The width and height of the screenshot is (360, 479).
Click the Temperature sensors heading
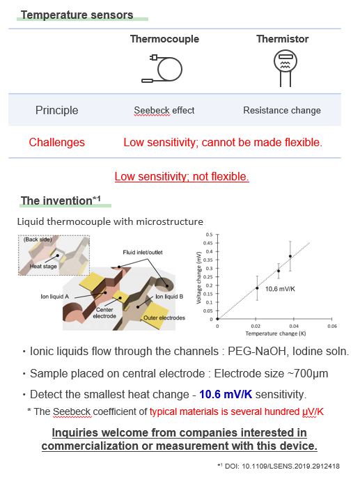click(76, 15)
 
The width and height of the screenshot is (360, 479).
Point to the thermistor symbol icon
click(281, 68)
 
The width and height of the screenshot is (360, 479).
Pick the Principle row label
click(57, 110)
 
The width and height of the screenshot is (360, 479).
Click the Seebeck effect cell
click(164, 110)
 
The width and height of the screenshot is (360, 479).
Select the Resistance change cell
click(281, 110)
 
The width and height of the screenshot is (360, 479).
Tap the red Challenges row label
click(57, 142)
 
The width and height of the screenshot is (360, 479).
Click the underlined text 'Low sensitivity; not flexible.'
click(181, 176)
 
